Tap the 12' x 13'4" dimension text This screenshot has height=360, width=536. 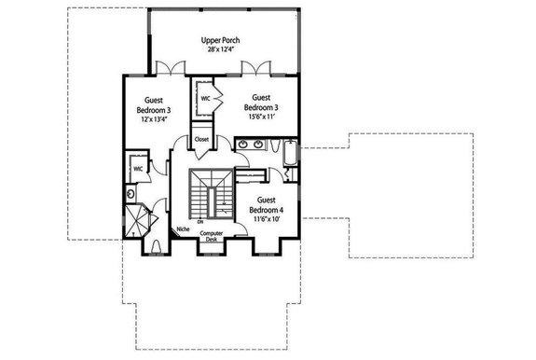click(155, 118)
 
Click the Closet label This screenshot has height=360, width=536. click(201, 140)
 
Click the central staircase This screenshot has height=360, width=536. click(213, 195)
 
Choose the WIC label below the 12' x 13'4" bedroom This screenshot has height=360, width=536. click(137, 169)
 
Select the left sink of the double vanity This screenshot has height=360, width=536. click(244, 145)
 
